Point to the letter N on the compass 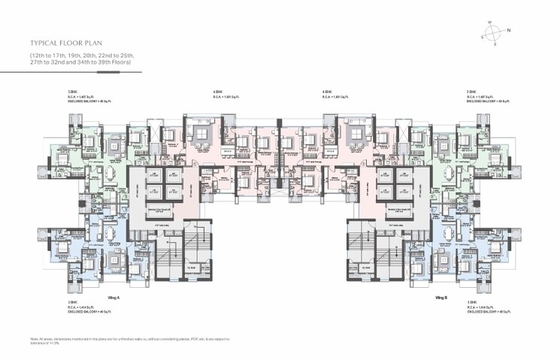pos(509,30)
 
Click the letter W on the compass pos(489,23)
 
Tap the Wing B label pos(441,298)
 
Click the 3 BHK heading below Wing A pos(72,302)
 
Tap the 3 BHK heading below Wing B pos(471,302)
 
